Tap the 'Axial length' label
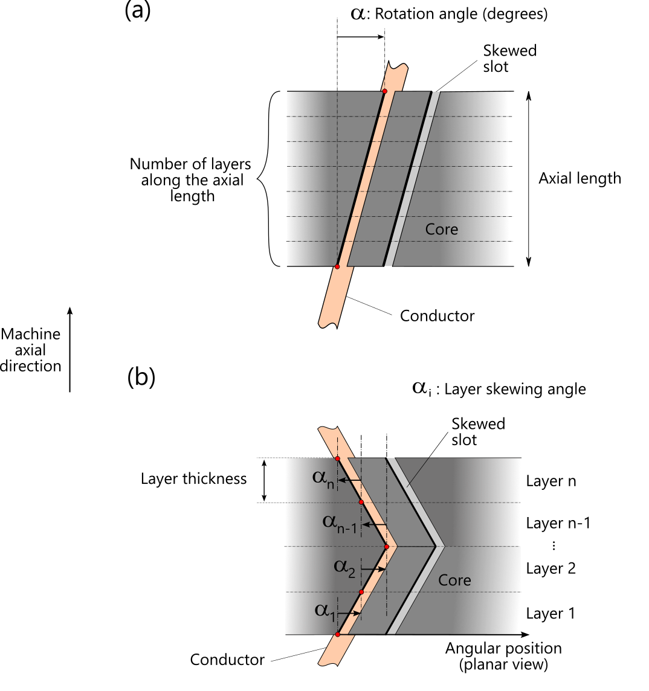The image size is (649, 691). (x=580, y=178)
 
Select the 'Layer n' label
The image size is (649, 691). (x=551, y=481)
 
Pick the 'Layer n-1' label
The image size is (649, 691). (x=558, y=523)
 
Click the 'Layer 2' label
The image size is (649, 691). (x=551, y=568)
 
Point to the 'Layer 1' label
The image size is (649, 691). (x=550, y=614)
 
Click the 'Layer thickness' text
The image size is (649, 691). (x=193, y=479)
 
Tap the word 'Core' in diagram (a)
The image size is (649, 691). (x=442, y=230)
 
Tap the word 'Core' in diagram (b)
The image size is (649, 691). (x=454, y=580)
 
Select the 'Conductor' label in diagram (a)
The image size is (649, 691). (x=437, y=316)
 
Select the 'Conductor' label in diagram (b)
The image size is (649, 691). (x=227, y=660)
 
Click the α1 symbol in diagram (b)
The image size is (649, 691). (x=324, y=610)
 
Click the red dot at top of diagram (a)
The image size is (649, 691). (x=384, y=91)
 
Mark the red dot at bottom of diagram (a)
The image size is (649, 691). (x=337, y=266)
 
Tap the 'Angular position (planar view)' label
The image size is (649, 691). (x=503, y=657)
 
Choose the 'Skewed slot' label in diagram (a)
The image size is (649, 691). (x=510, y=59)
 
